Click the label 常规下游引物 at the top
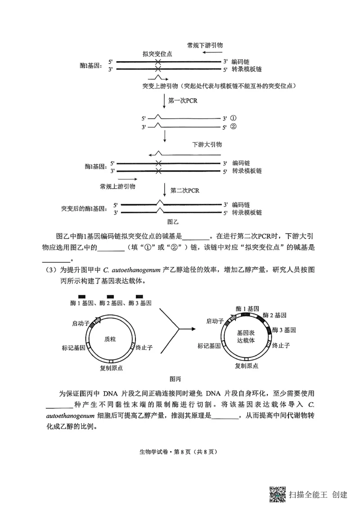[x=205, y=45]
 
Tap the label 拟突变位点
[x=157, y=54]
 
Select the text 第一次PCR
[x=183, y=101]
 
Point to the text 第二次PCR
[x=184, y=190]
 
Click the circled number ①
[x=233, y=118]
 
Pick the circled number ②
[x=233, y=127]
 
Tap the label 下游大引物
[x=207, y=145]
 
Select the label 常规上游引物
[x=118, y=186]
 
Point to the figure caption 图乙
[x=173, y=222]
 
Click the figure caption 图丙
[x=175, y=378]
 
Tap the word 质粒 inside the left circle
[x=110, y=339]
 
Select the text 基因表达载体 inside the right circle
[x=246, y=336]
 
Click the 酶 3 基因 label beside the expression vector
[x=284, y=330]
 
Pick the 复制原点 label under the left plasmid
[x=112, y=368]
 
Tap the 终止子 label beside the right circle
[x=280, y=345]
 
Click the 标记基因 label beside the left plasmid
[x=74, y=348]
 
